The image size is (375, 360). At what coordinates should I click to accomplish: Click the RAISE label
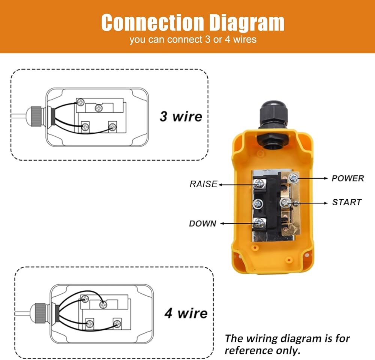coord(203,184)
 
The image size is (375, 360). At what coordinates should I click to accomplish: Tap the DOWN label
coord(202,224)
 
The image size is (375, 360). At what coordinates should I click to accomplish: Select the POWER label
coord(347,178)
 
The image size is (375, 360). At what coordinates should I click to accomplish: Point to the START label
coord(347,202)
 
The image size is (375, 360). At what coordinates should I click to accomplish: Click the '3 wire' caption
coord(181,116)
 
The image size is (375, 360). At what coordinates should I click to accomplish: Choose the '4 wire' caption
coord(186,313)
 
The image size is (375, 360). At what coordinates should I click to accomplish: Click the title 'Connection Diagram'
coord(193,23)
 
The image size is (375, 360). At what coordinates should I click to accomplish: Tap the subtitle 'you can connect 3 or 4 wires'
coord(193,40)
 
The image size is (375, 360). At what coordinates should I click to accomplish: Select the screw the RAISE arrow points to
coord(258,184)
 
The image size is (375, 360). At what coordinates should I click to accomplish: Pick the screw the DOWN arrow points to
coord(258,223)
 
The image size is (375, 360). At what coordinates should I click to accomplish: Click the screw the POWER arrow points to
coord(294,178)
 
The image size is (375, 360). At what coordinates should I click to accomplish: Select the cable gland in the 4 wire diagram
coord(39,312)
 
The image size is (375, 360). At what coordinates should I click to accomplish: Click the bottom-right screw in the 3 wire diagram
coord(112,126)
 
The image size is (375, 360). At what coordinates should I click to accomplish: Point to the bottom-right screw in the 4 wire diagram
coord(117,323)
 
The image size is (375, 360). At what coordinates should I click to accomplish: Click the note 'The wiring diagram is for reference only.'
coord(287,344)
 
